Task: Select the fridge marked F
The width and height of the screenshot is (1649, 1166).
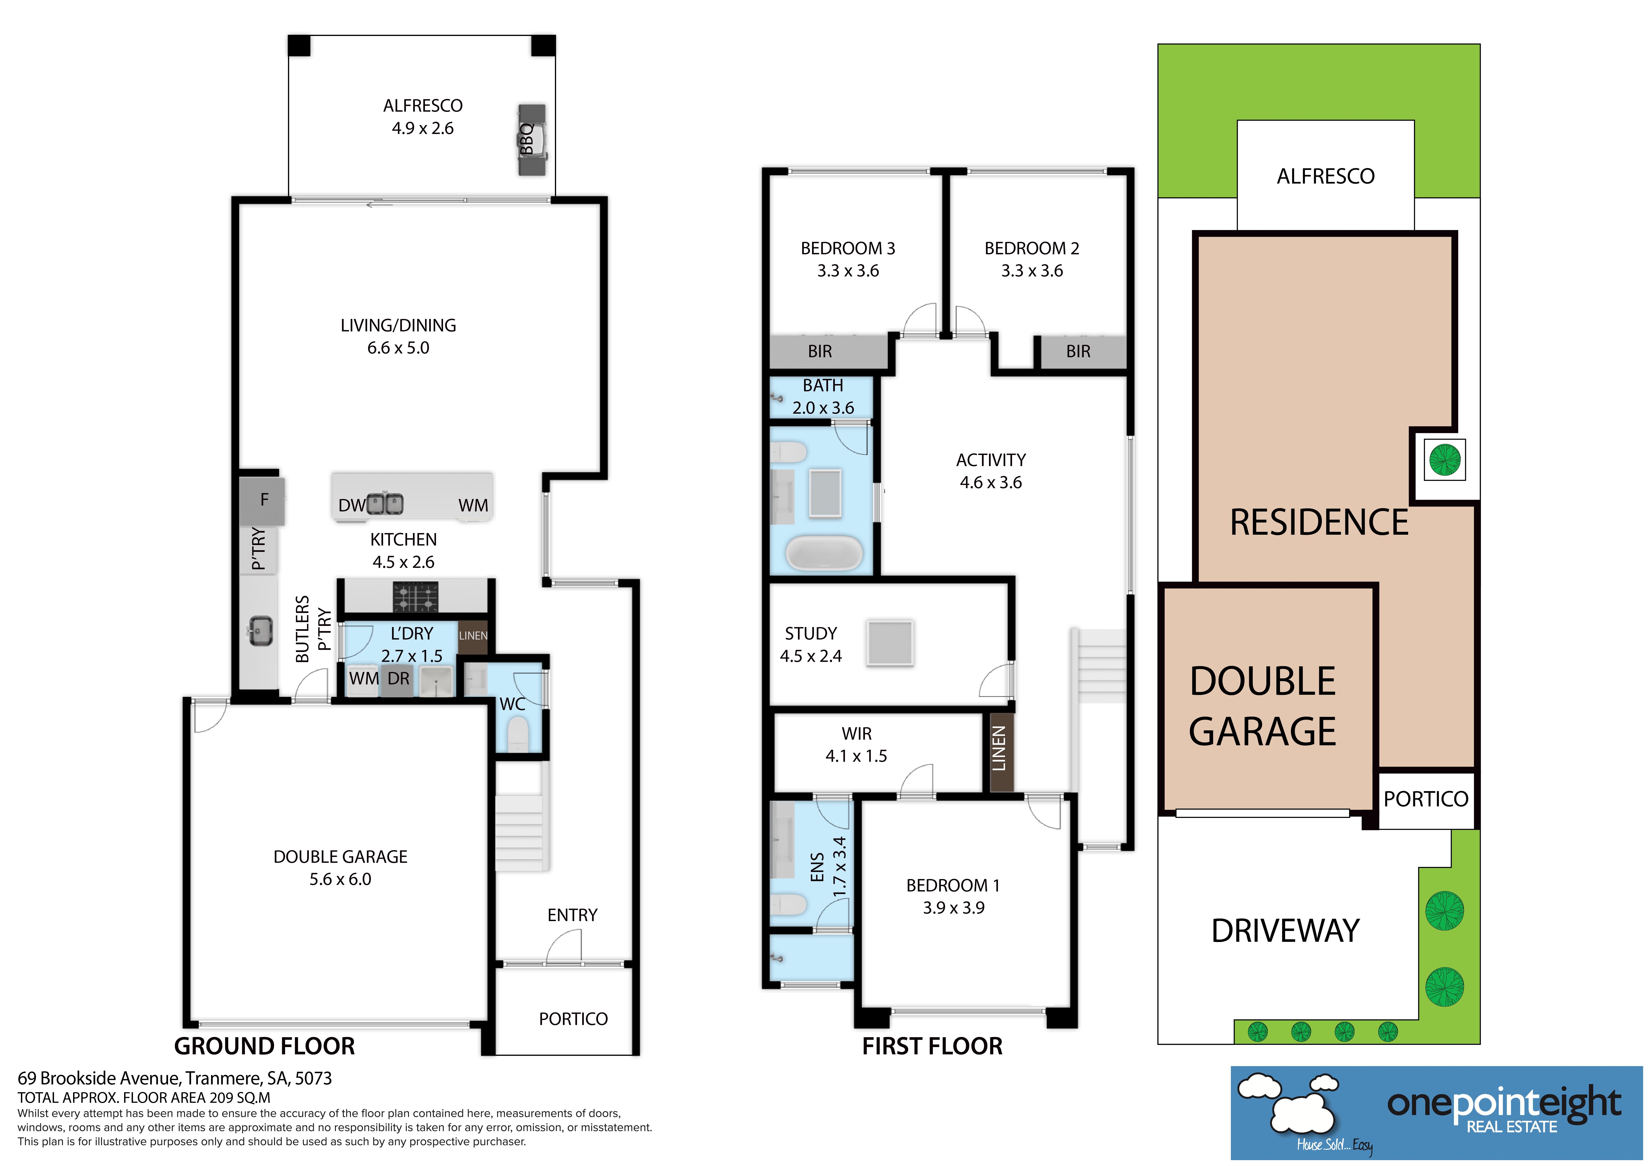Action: tap(263, 500)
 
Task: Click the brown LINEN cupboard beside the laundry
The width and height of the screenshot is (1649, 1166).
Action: tap(473, 636)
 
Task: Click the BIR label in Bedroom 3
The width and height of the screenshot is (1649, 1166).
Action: tap(820, 351)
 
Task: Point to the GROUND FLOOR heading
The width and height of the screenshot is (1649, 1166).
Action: tap(264, 1046)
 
